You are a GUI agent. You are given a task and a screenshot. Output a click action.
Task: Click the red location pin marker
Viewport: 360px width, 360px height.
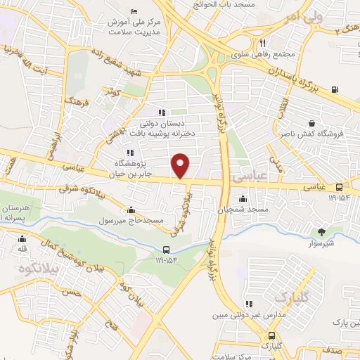click(x=181, y=166)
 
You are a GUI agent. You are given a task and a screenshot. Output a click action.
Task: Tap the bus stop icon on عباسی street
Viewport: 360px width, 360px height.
click(x=340, y=187)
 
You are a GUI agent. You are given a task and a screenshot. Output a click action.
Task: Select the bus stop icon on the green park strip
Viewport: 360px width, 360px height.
click(x=166, y=249)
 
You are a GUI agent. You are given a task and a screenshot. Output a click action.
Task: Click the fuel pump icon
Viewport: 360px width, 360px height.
click(x=333, y=89)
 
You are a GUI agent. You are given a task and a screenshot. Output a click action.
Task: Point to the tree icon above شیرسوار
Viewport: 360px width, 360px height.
click(x=323, y=231)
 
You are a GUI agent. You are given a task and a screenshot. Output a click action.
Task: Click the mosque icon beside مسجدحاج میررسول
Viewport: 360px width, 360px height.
click(x=131, y=210)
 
